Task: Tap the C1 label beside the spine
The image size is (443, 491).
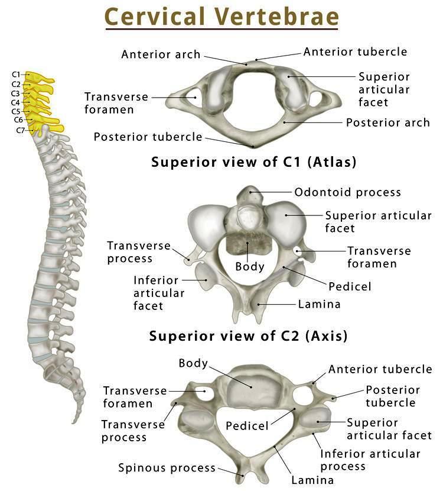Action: point(16,75)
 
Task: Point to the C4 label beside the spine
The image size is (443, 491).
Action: point(16,102)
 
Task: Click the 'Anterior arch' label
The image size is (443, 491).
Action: point(161,55)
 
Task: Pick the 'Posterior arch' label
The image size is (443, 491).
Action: point(387,123)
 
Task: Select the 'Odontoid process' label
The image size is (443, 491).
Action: point(347,192)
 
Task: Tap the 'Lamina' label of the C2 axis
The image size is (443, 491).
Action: point(320,305)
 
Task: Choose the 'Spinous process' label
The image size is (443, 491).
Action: point(167,468)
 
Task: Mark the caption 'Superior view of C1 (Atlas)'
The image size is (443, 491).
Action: point(254,161)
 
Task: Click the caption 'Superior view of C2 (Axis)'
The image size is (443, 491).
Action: point(248,337)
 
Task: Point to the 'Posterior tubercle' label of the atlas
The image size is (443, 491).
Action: point(148,137)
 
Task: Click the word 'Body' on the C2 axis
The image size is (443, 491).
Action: point(250,266)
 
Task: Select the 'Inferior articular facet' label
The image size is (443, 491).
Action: point(159,293)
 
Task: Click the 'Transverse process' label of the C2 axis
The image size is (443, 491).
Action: point(138,252)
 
